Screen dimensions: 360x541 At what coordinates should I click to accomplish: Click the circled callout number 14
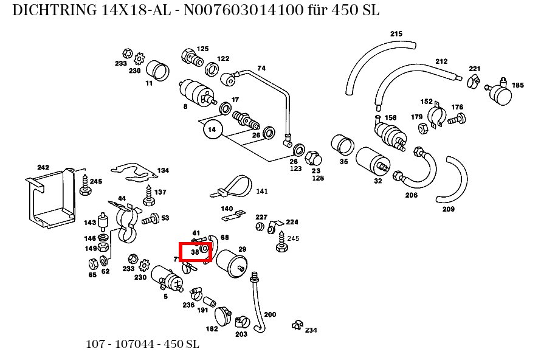point(212,130)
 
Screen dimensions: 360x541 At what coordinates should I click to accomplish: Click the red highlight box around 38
point(195,252)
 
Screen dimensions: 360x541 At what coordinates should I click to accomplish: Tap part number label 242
point(43,167)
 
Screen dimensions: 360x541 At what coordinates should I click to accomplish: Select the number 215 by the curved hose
point(396,33)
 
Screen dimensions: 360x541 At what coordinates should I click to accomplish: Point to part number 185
point(517,85)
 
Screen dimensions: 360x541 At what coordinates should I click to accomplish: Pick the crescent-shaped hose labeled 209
point(453,181)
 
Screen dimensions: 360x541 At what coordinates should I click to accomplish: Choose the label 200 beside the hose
point(270,314)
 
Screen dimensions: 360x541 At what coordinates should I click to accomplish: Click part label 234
point(311,330)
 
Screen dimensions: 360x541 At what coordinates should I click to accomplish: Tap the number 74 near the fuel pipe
point(261,68)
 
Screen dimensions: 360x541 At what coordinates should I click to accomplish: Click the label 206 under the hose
point(412,195)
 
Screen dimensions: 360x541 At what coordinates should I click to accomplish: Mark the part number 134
point(163,170)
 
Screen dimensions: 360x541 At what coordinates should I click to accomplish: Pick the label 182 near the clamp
point(212,329)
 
